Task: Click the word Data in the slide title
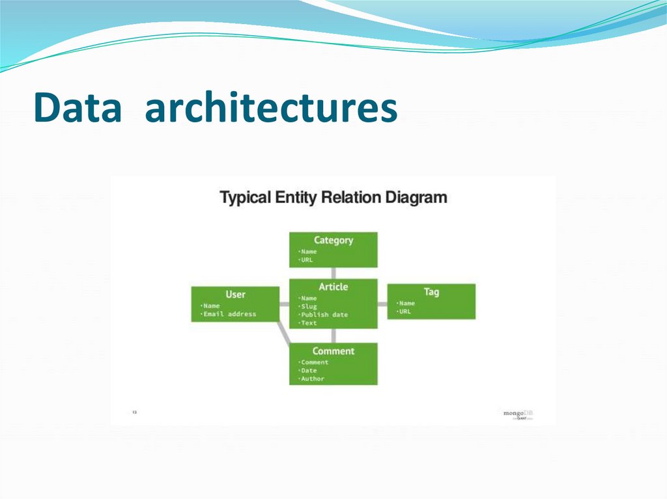[x=78, y=108]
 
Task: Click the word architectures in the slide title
[x=270, y=108]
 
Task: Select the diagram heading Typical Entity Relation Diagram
[x=333, y=197]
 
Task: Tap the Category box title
[x=333, y=240]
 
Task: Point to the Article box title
[x=333, y=287]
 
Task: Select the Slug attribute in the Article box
[x=308, y=306]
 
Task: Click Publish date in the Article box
[x=324, y=315]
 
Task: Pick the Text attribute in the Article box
[x=308, y=323]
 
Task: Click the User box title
[x=235, y=294]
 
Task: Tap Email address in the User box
[x=229, y=314]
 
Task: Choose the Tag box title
[x=431, y=291]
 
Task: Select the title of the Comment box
[x=333, y=351]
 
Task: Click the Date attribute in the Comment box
[x=308, y=370]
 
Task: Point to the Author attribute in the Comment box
[x=312, y=379]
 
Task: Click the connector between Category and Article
[x=333, y=273]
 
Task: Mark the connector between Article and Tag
[x=382, y=303]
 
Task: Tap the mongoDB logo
[x=518, y=413]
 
